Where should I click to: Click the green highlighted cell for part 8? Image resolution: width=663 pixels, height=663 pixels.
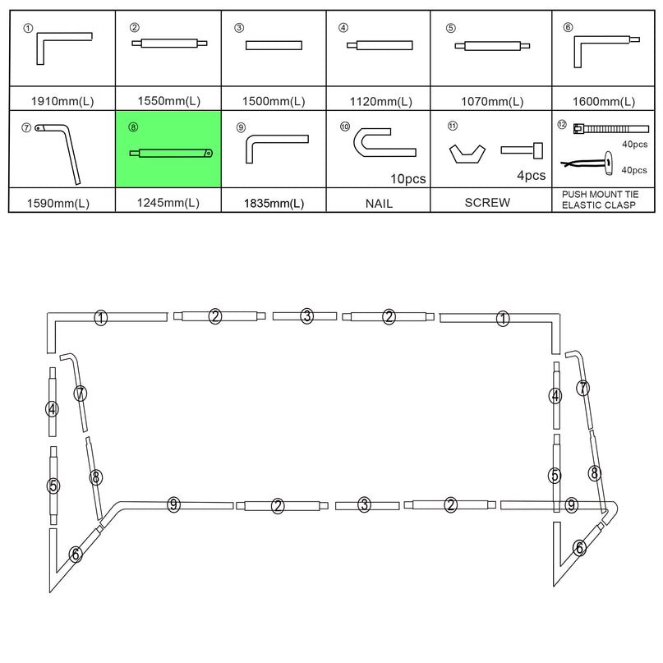tap(168, 151)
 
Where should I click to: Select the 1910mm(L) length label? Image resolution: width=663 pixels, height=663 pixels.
tap(62, 102)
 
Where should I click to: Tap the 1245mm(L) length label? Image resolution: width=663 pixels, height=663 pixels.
tap(168, 203)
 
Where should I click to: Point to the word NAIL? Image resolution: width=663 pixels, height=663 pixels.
tap(380, 202)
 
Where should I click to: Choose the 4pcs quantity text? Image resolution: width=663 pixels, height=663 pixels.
tap(530, 175)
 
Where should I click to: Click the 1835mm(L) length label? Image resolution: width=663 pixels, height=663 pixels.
tap(274, 203)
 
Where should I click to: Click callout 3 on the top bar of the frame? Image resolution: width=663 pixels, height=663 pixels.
tap(306, 315)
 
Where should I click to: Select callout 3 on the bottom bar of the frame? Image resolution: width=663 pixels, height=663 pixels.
tap(365, 505)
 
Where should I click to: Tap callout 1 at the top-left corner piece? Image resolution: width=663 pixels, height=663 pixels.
tap(100, 317)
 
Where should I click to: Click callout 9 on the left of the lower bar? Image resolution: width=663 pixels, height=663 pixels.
tap(173, 504)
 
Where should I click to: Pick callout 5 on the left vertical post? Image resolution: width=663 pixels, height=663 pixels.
tap(53, 486)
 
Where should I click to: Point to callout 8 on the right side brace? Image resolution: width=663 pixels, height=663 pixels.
tap(595, 472)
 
